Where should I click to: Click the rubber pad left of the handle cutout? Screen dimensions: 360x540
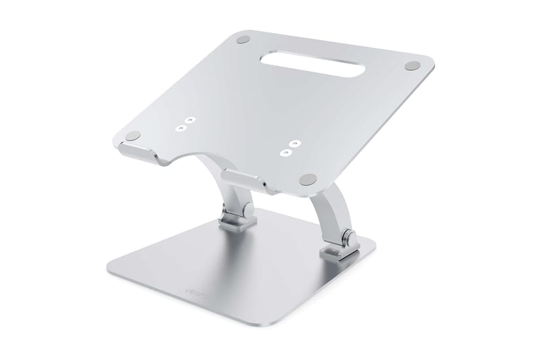tap(245, 39)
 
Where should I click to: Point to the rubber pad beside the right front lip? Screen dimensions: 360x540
tap(309, 180)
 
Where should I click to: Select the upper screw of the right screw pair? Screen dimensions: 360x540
tap(292, 144)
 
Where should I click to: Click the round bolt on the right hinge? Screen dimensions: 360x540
tap(349, 238)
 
